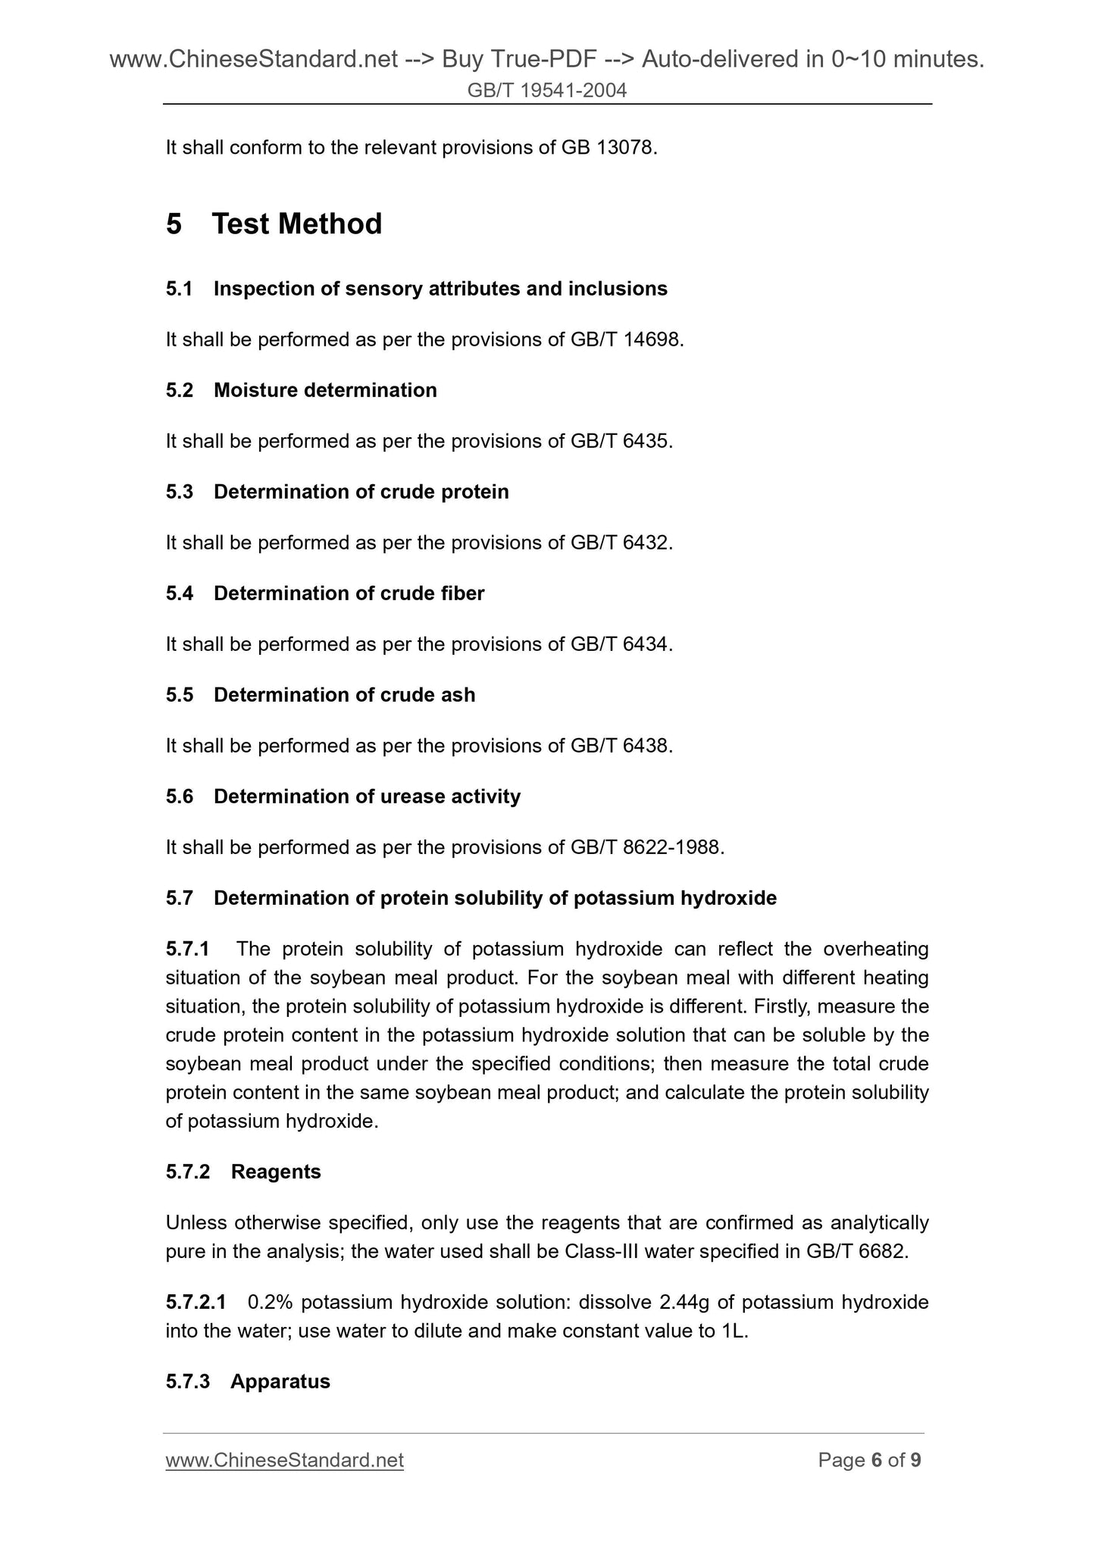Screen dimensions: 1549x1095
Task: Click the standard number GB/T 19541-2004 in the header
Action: [547, 91]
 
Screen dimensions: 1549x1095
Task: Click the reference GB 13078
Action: [608, 148]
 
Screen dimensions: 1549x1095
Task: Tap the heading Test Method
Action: [296, 224]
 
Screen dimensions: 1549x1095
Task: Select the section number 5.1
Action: [180, 289]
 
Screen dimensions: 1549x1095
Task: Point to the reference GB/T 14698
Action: [626, 340]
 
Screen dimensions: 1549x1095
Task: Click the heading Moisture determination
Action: [325, 390]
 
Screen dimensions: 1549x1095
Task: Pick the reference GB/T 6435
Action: [621, 441]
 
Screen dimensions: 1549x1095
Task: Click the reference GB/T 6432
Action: [621, 543]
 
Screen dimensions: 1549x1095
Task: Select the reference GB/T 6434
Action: [621, 644]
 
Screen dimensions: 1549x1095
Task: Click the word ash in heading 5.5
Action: [458, 695]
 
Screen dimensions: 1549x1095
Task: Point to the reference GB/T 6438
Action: [621, 746]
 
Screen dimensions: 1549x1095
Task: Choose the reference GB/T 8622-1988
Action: [646, 847]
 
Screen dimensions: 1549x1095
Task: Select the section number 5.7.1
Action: [187, 949]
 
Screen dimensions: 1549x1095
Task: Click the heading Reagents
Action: [276, 1172]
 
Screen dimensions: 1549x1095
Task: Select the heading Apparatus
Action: [280, 1381]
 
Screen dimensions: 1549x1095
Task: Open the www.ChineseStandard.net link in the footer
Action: [284, 1460]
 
